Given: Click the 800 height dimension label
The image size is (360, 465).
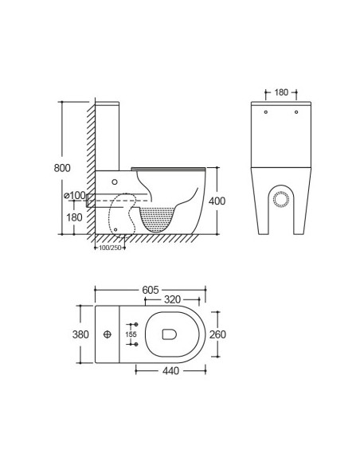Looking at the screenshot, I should [63, 168].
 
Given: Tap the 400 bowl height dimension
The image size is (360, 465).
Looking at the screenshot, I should [217, 201].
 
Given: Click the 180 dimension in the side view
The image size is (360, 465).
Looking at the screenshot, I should [73, 217].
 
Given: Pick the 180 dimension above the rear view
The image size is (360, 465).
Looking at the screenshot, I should [281, 92].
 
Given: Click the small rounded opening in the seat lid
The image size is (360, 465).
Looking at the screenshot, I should [168, 334].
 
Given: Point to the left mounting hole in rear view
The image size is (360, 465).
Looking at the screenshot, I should [267, 112].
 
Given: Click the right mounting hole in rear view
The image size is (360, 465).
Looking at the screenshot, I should [295, 112].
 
